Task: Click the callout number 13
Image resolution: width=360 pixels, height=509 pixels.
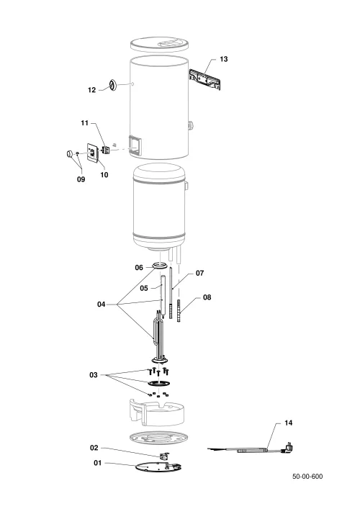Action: point(224,59)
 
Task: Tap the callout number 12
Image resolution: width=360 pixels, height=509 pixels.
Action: point(92,89)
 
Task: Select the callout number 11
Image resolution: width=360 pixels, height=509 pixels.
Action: point(84,123)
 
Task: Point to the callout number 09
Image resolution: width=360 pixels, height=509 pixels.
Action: point(81,179)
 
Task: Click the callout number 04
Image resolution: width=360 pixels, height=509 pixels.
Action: point(102,304)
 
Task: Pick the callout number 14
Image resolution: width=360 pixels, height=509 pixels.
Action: point(288,423)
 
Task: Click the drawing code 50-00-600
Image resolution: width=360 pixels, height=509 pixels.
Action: point(307,476)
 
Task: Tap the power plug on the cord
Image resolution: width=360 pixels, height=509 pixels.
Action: point(287,448)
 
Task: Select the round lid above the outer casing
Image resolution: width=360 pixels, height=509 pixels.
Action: point(159,45)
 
